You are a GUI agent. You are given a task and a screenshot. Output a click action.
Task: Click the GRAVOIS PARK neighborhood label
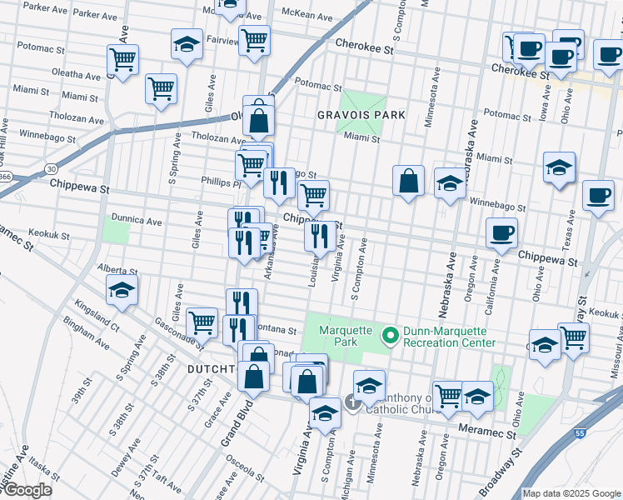[x=361, y=115]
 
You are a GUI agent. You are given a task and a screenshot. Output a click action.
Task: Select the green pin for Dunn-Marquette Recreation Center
[x=389, y=336]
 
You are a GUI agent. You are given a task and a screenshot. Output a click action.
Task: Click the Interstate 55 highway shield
[x=580, y=432]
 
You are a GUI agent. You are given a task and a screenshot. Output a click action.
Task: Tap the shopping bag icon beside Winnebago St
[x=408, y=182]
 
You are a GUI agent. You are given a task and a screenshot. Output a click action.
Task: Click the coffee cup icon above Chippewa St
[x=501, y=233]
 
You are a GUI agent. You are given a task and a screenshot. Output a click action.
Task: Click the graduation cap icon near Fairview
[x=187, y=45]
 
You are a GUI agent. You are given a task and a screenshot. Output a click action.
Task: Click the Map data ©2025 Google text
[x=571, y=493]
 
